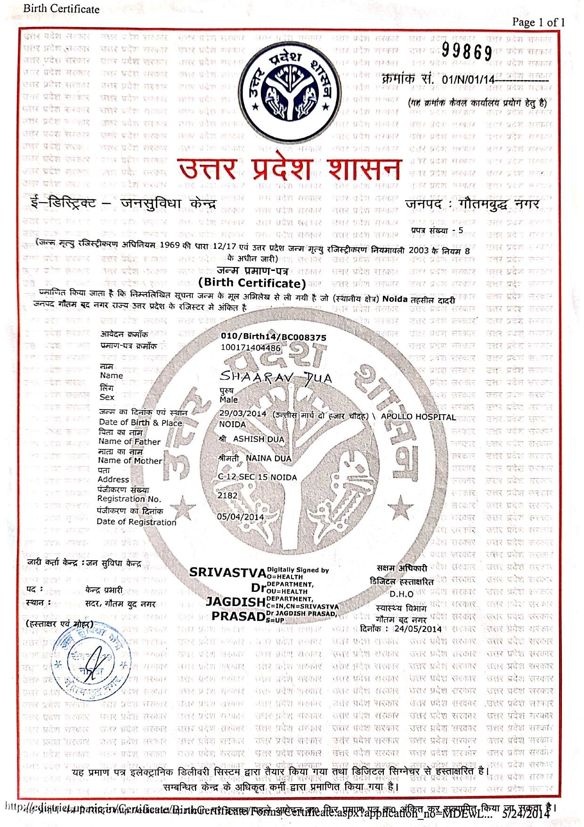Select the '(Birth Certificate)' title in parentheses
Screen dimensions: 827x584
point(252,283)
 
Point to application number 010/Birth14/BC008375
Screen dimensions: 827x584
point(273,337)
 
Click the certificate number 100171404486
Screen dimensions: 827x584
point(251,348)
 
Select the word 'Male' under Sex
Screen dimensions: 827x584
point(228,400)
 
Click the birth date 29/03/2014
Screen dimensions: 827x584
point(243,413)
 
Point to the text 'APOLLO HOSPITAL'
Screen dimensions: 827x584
point(418,417)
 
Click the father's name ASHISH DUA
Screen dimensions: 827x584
point(259,439)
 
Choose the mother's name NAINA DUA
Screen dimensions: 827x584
point(268,458)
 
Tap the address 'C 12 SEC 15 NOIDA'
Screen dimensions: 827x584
point(257,477)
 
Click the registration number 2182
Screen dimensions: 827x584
point(227,495)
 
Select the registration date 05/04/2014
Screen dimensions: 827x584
point(240,516)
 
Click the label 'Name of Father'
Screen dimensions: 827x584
point(129,442)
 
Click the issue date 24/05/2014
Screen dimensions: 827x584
point(418,629)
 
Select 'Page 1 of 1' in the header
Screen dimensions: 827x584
point(538,22)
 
